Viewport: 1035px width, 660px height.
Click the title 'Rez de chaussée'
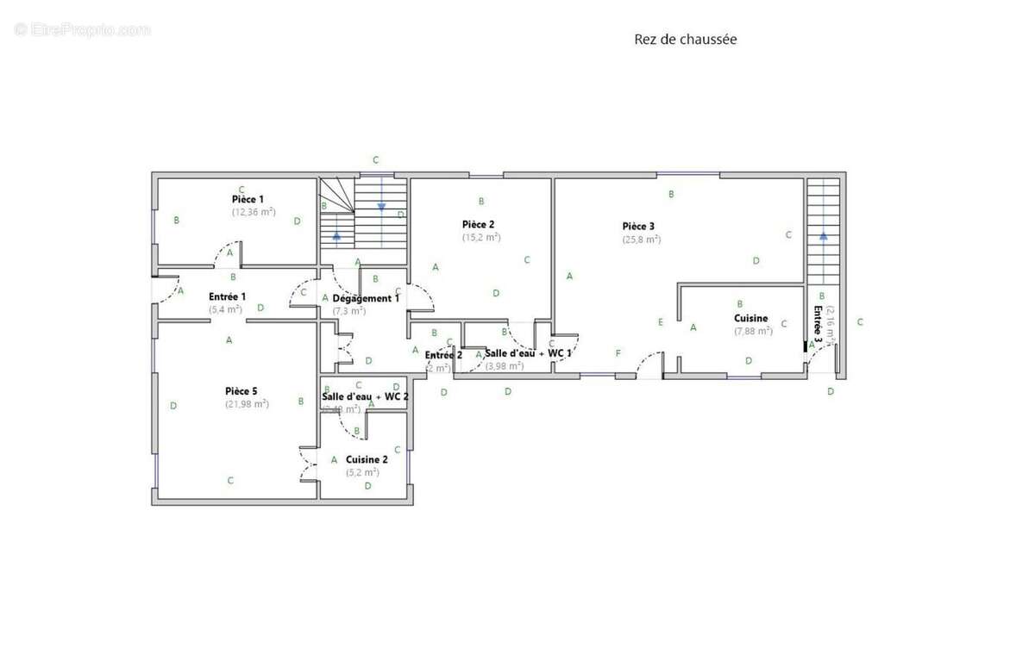click(685, 40)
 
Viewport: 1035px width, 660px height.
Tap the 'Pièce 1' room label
click(248, 199)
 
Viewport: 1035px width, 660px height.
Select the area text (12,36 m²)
click(253, 211)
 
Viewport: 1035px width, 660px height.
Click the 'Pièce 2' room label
click(478, 224)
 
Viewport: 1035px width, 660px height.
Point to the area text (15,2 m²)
click(480, 237)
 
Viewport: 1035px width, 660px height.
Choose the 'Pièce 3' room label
click(638, 227)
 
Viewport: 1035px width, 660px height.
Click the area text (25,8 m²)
click(642, 240)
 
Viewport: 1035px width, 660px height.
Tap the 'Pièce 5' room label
click(241, 391)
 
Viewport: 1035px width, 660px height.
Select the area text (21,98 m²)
click(247, 404)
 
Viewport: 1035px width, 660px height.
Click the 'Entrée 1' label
click(227, 296)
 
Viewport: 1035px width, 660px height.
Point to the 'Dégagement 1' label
click(366, 298)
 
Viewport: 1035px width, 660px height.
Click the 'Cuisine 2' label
click(367, 459)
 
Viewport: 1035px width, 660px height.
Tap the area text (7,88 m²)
click(752, 331)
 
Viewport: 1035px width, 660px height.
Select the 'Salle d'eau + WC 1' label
click(528, 353)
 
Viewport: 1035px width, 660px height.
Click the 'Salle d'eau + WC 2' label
click(365, 396)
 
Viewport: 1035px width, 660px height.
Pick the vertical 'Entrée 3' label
click(818, 324)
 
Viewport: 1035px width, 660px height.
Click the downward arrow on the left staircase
click(380, 207)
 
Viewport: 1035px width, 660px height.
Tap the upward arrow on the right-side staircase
click(823, 233)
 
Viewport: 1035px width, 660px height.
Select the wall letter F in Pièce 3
click(618, 353)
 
